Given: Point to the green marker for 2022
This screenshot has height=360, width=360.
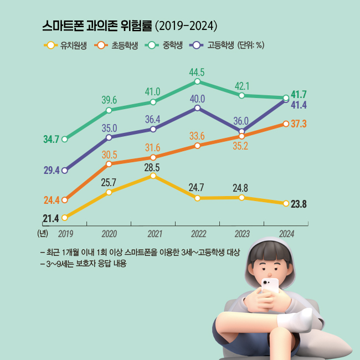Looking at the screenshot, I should (197, 82).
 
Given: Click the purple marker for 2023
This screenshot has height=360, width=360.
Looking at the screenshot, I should (241, 131).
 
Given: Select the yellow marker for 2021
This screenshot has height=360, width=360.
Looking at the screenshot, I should (153, 176).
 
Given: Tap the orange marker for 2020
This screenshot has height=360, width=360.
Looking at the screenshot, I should (109, 164).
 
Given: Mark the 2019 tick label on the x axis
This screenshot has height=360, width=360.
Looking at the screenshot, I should (65, 234).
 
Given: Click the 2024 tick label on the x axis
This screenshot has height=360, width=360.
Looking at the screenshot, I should (286, 234).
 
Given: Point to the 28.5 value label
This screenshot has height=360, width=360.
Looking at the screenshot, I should (152, 166).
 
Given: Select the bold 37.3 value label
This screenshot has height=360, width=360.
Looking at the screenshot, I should (299, 124).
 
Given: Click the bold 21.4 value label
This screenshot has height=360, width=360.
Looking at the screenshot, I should (50, 218).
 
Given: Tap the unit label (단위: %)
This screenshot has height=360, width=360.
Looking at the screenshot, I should (250, 45).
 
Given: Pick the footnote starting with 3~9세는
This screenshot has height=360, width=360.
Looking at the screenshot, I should (84, 264).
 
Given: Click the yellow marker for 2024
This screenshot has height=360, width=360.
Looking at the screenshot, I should (286, 203).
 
